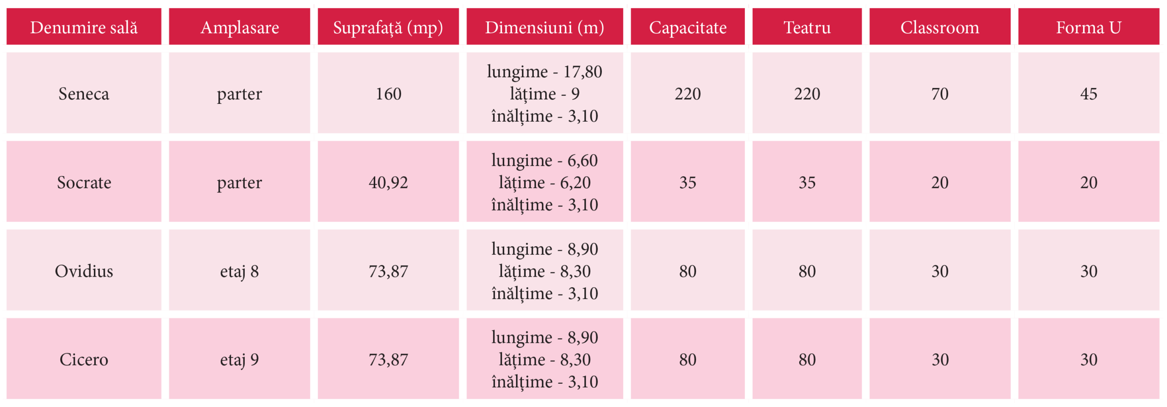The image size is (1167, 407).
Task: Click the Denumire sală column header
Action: (x=84, y=27)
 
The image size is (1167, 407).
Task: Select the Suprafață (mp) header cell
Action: (x=388, y=27)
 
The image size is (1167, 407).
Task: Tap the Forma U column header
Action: (x=1088, y=27)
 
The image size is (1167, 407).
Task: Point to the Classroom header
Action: (x=940, y=27)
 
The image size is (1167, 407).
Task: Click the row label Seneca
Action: (x=84, y=94)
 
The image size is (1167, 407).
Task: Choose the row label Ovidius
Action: (x=84, y=271)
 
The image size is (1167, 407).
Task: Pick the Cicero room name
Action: (x=84, y=360)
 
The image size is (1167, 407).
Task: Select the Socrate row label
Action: (x=84, y=183)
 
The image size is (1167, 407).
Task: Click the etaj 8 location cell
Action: (x=239, y=271)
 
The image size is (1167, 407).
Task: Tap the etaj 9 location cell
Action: (x=239, y=360)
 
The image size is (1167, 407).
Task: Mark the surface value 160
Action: (x=388, y=94)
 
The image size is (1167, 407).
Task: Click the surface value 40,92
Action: (x=388, y=183)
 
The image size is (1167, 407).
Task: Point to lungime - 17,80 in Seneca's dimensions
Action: (x=544, y=72)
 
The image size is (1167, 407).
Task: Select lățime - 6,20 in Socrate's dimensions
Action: (x=544, y=183)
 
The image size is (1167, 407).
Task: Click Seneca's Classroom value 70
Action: (x=940, y=94)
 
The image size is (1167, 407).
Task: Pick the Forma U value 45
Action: (x=1088, y=94)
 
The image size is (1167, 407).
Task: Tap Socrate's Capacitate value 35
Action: (x=687, y=183)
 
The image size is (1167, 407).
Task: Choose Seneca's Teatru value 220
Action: (x=807, y=94)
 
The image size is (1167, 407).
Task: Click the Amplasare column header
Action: (x=239, y=27)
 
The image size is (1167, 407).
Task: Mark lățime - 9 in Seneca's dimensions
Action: (x=544, y=94)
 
